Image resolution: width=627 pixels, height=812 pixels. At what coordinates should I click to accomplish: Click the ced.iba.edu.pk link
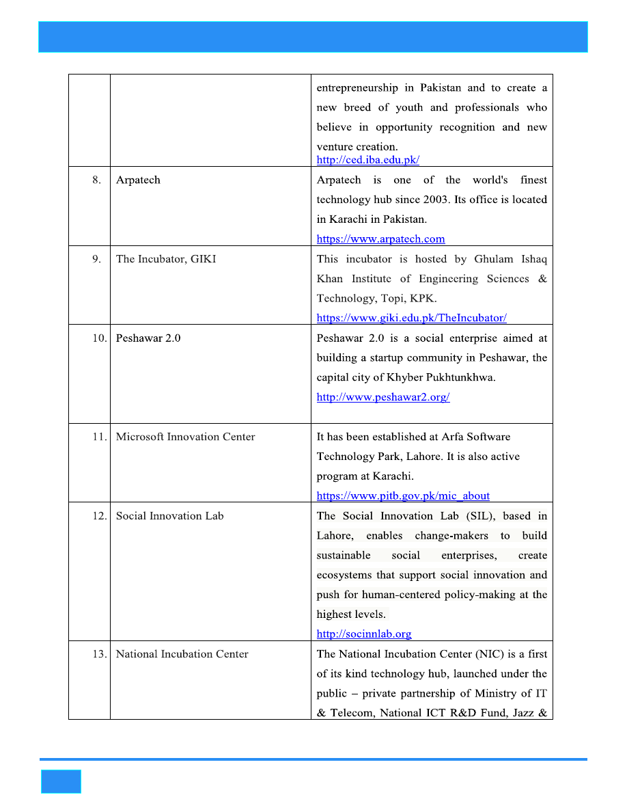[x=367, y=160]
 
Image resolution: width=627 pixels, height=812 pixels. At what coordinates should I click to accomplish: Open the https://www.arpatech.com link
[x=380, y=239]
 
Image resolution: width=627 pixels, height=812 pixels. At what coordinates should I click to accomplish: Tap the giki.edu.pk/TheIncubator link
[x=411, y=318]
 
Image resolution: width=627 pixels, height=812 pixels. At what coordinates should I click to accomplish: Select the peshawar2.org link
[x=382, y=397]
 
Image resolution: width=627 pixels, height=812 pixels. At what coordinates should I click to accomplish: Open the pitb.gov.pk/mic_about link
[x=403, y=496]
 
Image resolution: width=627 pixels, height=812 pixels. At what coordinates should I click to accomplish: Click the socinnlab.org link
[x=363, y=634]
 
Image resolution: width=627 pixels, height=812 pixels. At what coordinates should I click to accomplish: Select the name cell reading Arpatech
[x=138, y=180]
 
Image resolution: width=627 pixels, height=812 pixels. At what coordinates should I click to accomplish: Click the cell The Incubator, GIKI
[x=165, y=259]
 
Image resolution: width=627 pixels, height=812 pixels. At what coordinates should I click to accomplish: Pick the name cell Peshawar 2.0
[x=148, y=338]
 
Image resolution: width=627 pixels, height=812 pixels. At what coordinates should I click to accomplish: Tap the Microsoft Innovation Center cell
[x=185, y=437]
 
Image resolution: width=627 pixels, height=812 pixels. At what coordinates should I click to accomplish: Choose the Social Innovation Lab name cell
[x=169, y=516]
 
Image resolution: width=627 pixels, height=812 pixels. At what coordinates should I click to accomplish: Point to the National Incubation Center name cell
[x=182, y=654]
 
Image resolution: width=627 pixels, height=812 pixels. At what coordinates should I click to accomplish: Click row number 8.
[x=97, y=180]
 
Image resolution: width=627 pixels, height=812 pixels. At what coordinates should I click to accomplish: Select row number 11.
[x=99, y=437]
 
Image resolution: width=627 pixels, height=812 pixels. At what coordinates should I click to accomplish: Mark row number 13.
[x=99, y=654]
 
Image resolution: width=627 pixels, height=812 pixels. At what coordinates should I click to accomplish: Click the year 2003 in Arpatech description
[x=430, y=200]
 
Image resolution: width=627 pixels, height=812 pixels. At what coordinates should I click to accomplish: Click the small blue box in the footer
[x=61, y=781]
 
